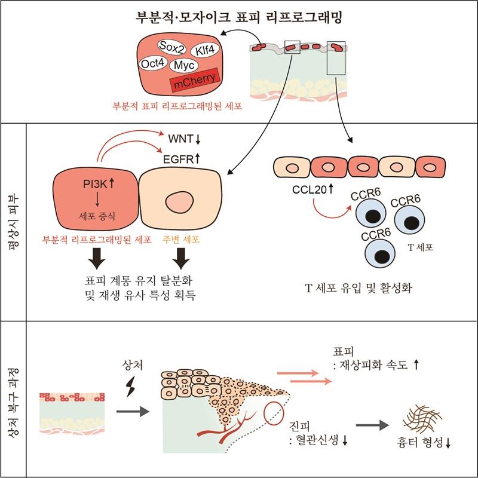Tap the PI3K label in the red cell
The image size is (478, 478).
[x=94, y=178]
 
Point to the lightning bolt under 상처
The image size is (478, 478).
[x=127, y=391]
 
